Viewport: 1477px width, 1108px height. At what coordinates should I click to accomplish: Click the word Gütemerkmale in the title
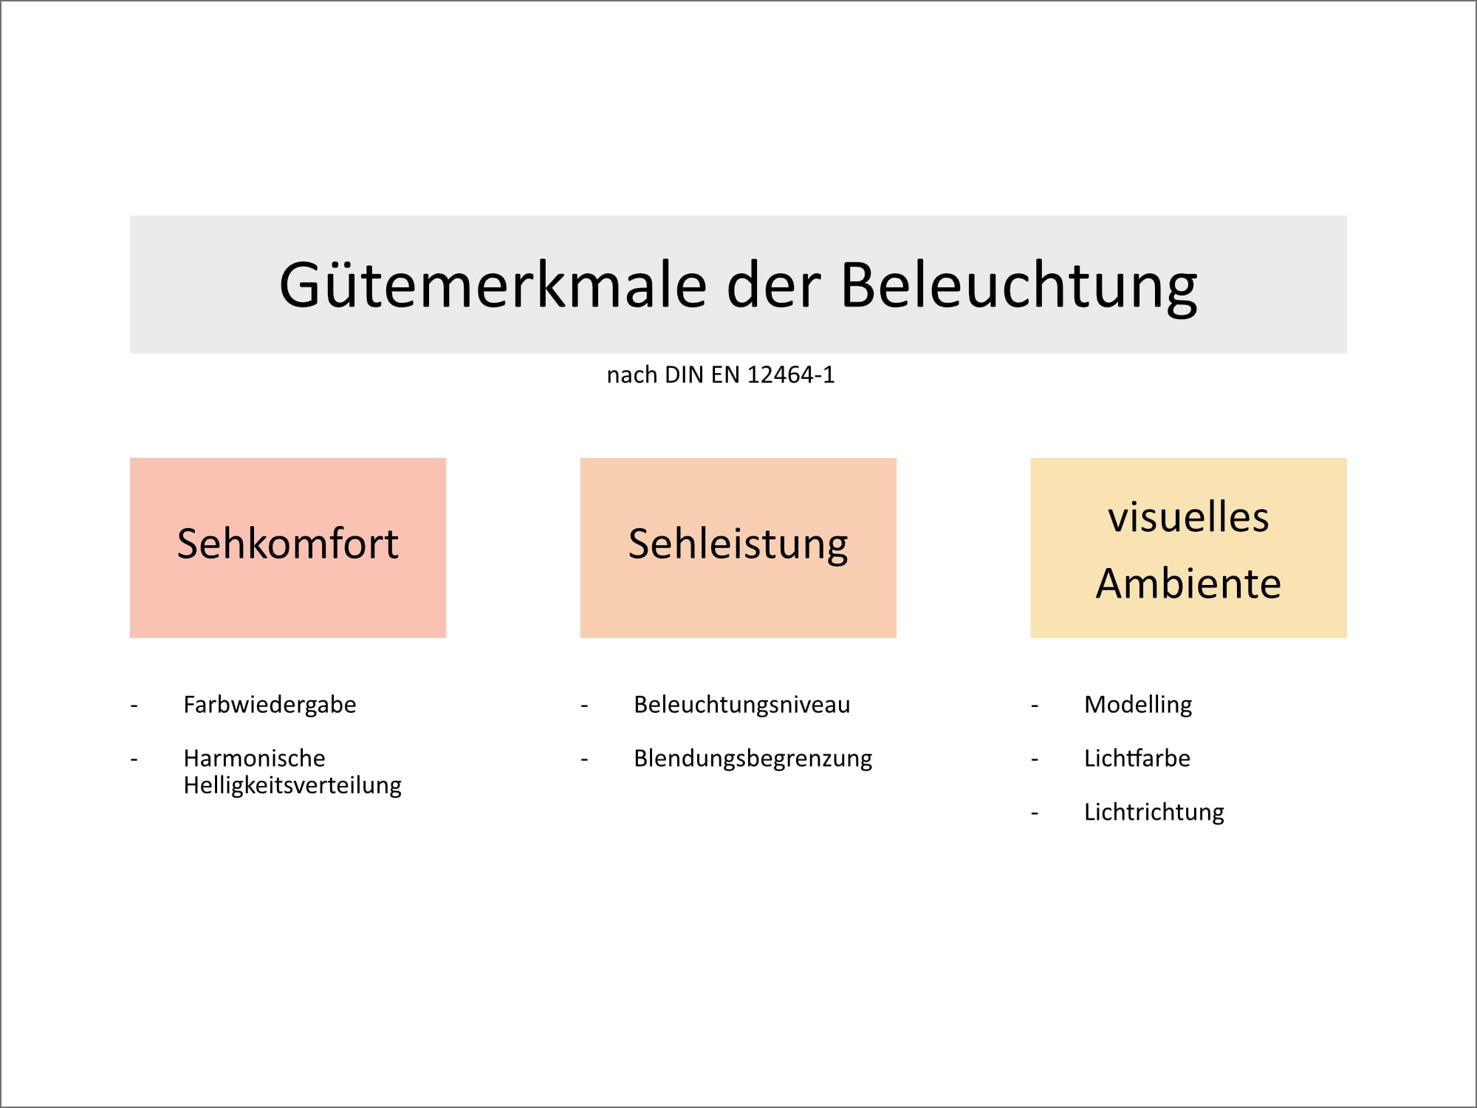click(x=493, y=285)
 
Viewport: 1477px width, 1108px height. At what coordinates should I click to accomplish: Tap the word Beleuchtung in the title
click(x=1018, y=285)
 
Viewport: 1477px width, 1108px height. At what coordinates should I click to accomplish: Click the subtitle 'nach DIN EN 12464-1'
click(x=720, y=375)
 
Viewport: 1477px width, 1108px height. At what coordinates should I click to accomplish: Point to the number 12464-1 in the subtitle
click(x=790, y=375)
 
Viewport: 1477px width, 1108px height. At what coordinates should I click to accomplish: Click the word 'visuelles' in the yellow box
click(x=1188, y=517)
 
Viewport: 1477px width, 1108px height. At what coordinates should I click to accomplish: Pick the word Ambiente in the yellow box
click(x=1188, y=584)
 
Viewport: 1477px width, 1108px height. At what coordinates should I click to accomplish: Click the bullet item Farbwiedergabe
click(x=270, y=705)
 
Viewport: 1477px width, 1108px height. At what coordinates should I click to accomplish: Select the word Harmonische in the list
click(x=254, y=759)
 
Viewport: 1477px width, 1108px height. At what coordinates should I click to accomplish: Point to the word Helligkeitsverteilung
click(x=292, y=785)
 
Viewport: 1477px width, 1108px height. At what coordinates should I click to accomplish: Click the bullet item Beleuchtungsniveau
click(x=741, y=705)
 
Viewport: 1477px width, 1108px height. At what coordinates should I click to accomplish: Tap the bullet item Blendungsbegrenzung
click(x=753, y=759)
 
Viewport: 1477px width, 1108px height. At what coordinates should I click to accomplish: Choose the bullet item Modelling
click(x=1137, y=705)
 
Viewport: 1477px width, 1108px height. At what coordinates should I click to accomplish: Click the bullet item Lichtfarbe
click(x=1137, y=759)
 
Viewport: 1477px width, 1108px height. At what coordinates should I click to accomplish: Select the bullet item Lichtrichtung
click(x=1154, y=813)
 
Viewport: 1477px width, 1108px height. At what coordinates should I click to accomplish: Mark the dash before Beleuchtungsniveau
click(x=584, y=706)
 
